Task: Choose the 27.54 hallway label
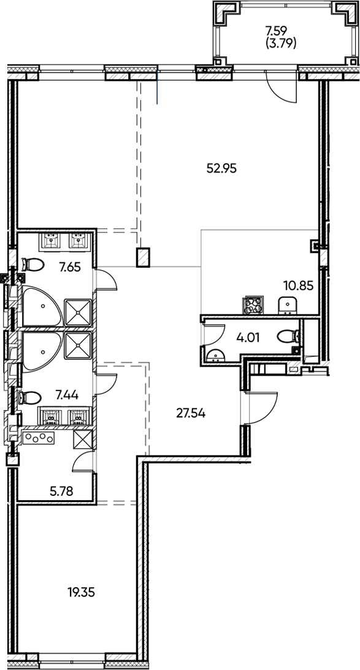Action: tap(190, 413)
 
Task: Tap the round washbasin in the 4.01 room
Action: tap(215, 355)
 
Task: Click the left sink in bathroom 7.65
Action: tap(50, 241)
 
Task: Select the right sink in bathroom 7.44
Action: tap(78, 417)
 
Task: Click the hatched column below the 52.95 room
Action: tap(144, 257)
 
